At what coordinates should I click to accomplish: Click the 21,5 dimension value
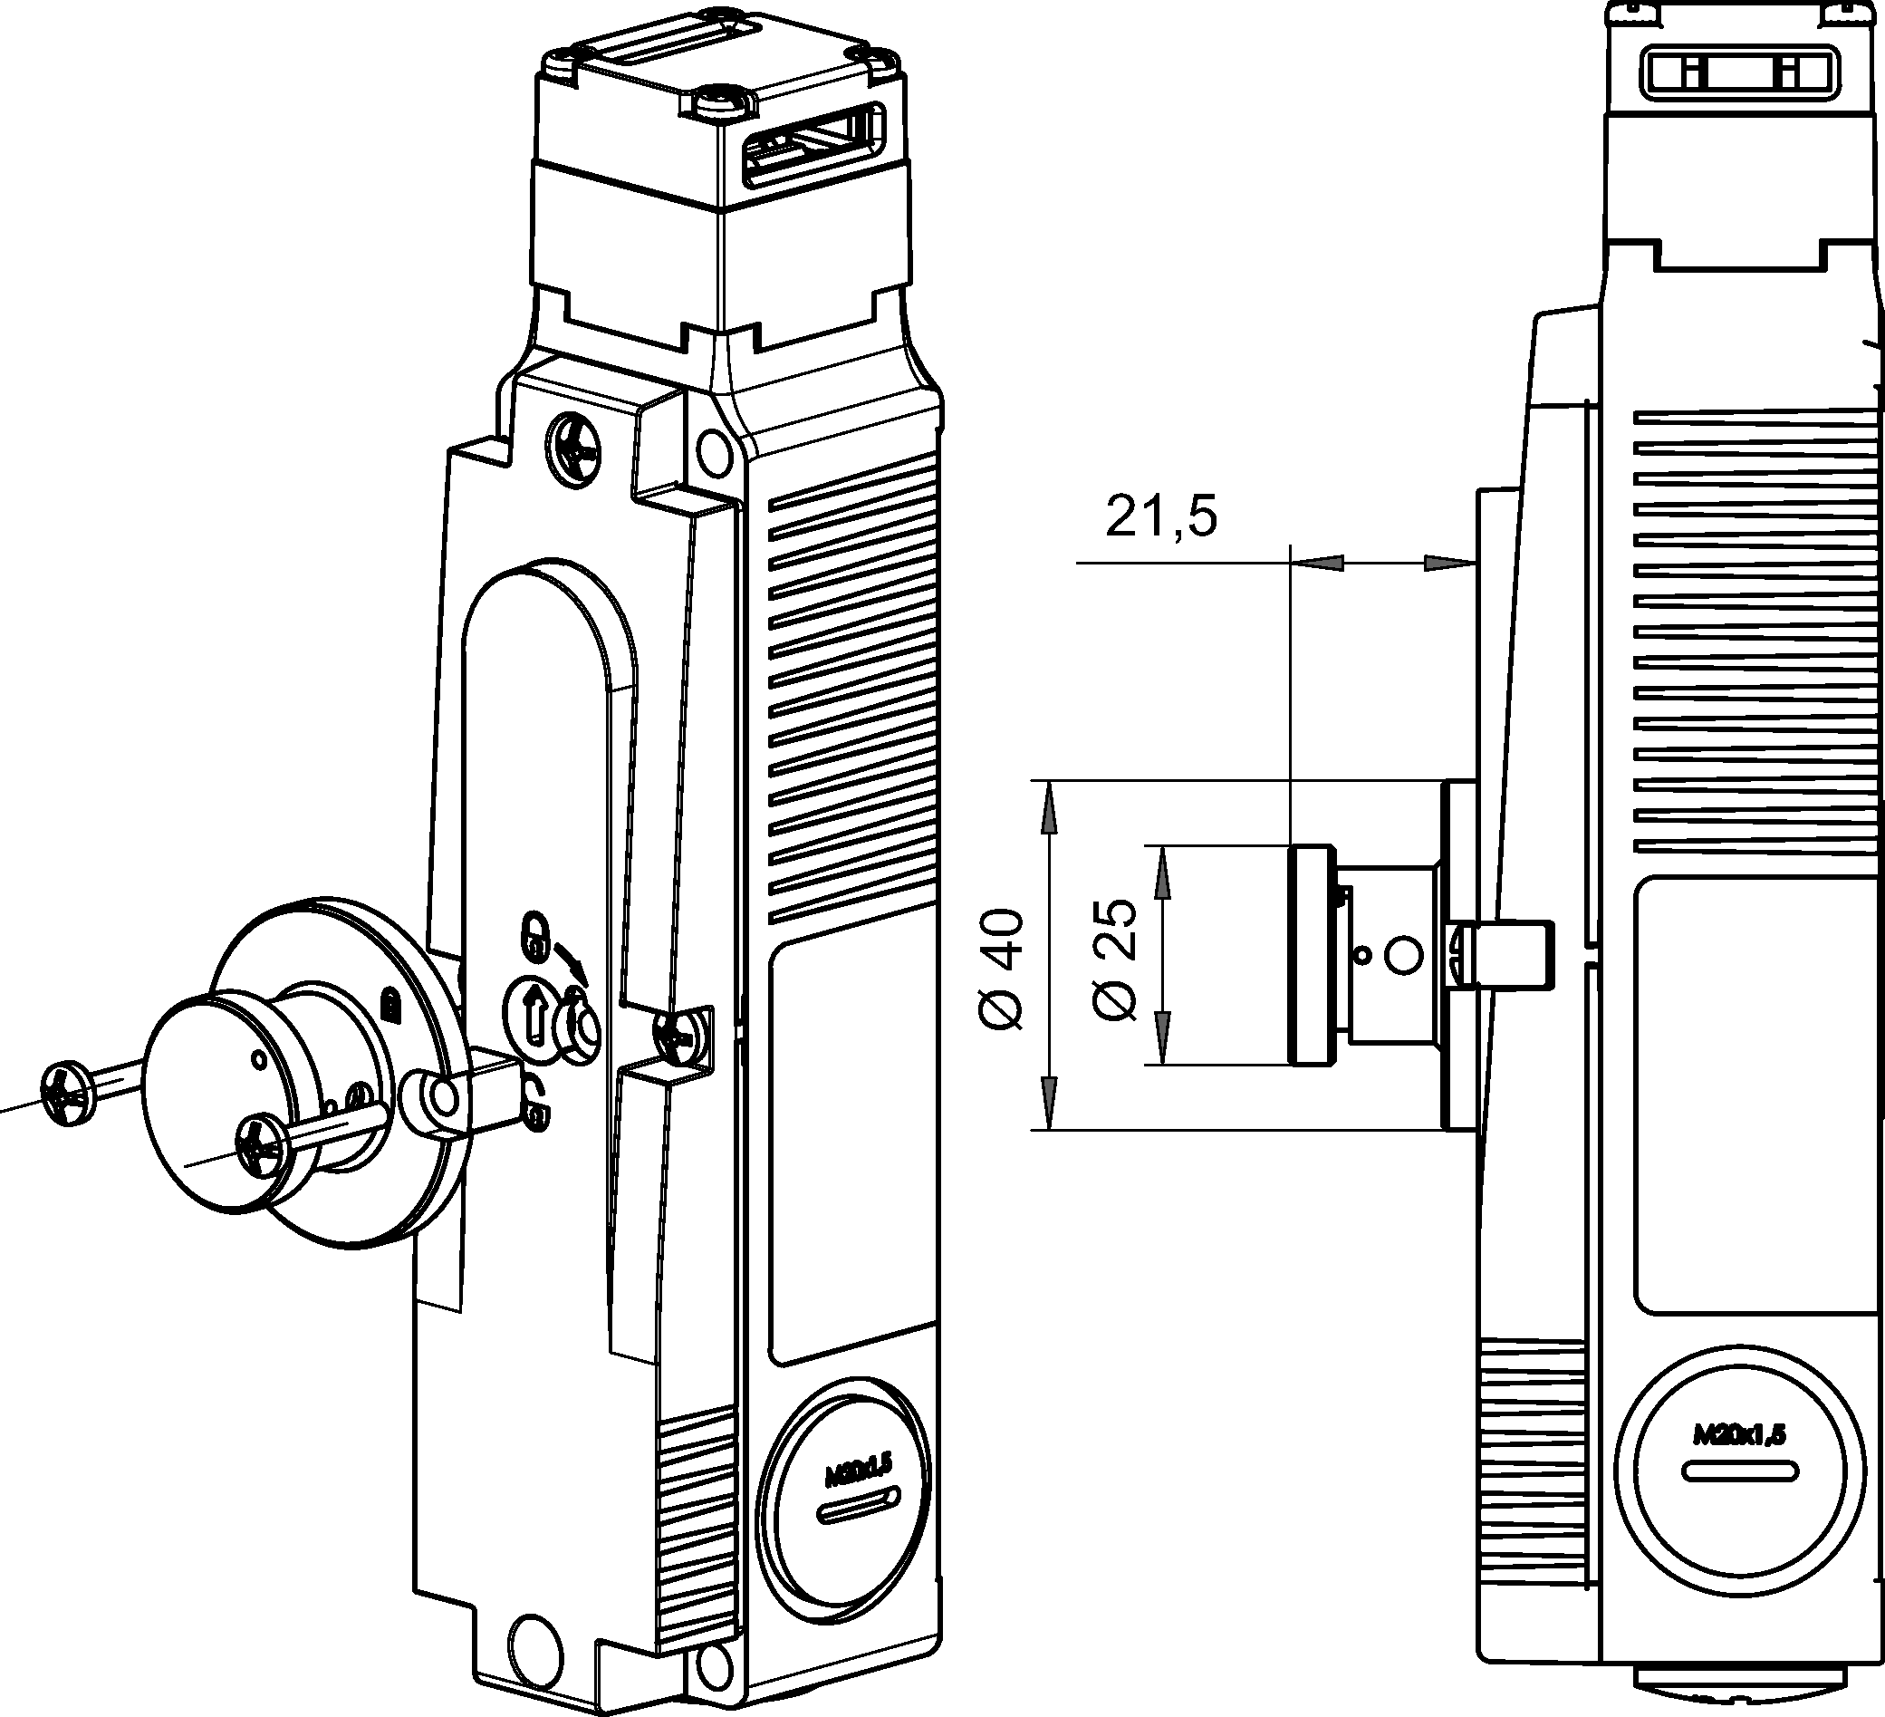1161,516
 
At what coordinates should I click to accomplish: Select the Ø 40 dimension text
1002,969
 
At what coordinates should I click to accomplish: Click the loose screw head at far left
68,1093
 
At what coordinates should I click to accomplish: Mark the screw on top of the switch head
722,101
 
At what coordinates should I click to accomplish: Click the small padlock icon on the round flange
389,1007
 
